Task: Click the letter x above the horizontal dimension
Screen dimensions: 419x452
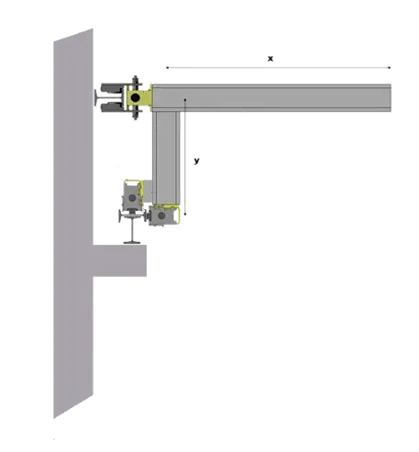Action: [270, 59]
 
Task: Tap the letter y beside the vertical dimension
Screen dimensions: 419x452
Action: [196, 160]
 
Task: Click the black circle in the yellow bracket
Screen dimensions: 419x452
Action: [135, 98]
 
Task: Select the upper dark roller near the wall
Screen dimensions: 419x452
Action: [112, 88]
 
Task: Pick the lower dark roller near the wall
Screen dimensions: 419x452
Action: [112, 107]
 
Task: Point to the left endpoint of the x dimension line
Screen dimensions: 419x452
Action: [167, 68]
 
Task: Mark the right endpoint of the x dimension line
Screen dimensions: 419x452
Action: [390, 68]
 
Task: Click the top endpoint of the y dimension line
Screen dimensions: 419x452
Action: [185, 99]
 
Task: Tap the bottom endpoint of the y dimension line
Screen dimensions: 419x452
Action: [185, 215]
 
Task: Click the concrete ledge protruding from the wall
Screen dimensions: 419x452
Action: [119, 260]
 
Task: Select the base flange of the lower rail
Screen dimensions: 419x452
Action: [132, 243]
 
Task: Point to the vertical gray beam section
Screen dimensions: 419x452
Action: [166, 158]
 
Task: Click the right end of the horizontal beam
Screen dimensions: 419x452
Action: [390, 98]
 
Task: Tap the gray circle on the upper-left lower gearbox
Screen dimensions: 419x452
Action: [132, 198]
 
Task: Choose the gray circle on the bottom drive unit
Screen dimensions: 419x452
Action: [161, 215]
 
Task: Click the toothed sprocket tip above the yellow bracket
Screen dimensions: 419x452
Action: [136, 78]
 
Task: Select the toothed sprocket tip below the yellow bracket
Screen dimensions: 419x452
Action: [136, 117]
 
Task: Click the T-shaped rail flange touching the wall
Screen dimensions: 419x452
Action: [96, 98]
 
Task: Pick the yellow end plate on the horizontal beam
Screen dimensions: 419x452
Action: [151, 98]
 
